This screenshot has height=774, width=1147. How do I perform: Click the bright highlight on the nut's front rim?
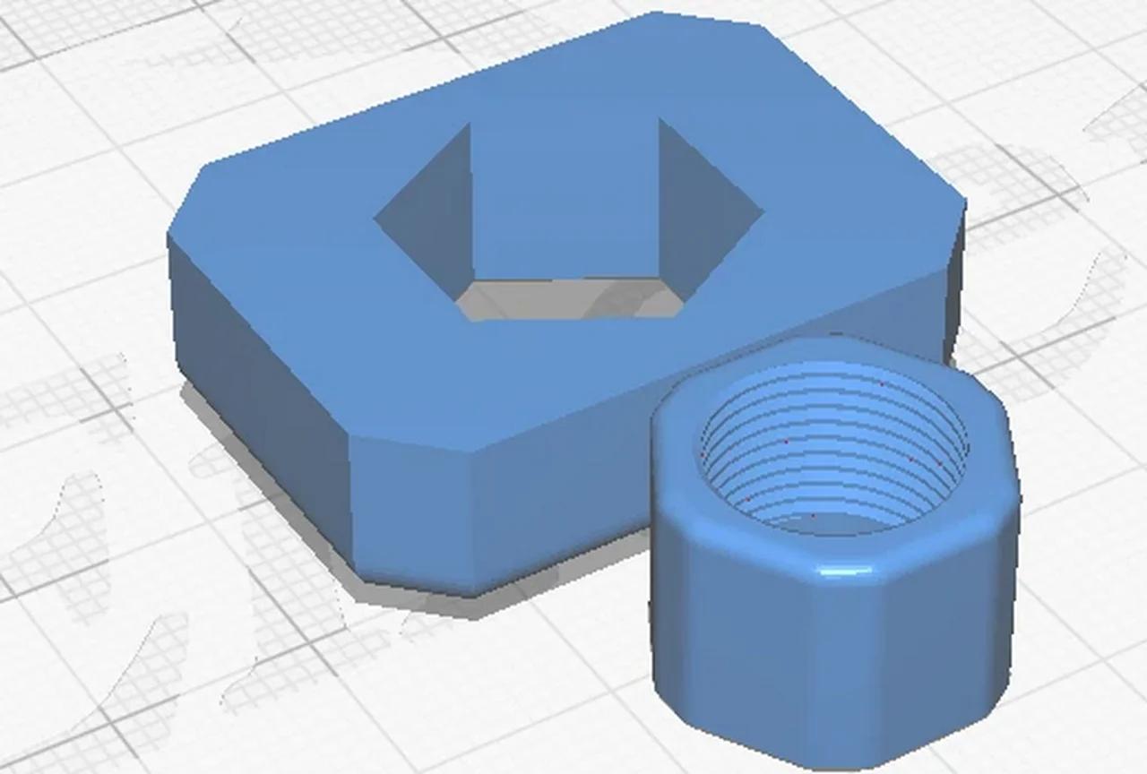(838, 571)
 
